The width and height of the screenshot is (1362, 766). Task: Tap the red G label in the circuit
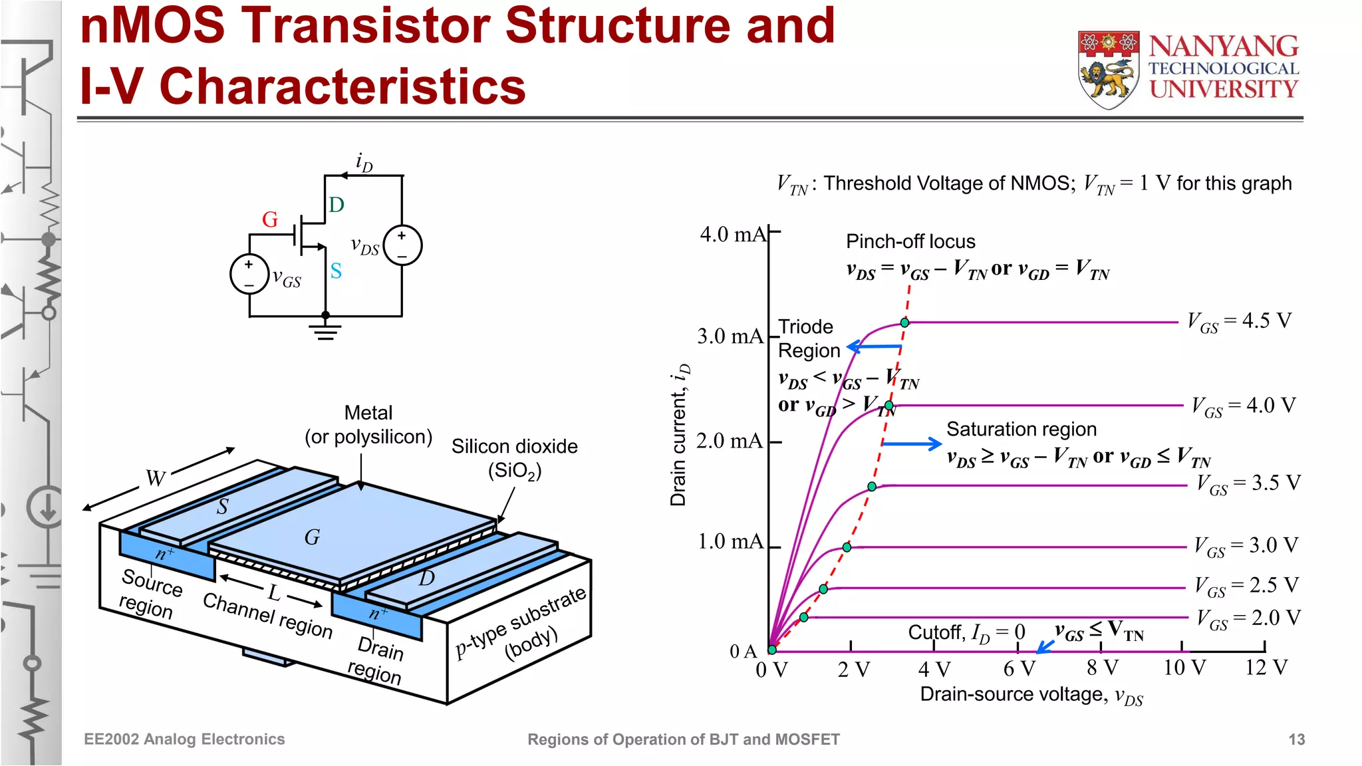click(269, 219)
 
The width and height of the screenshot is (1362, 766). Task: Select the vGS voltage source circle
click(249, 274)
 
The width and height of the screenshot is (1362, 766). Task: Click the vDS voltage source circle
click(402, 245)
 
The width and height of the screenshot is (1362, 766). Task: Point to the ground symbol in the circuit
click(325, 330)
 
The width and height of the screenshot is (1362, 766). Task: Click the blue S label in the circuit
click(336, 271)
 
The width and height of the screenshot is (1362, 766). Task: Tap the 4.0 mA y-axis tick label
click(732, 234)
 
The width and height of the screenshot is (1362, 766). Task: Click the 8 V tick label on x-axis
click(1102, 668)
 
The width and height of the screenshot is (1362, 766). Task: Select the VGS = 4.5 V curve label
click(1239, 322)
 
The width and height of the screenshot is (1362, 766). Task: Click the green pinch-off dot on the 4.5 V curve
click(904, 322)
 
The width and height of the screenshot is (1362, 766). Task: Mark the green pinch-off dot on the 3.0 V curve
click(847, 547)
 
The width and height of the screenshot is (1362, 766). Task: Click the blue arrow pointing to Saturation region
click(912, 444)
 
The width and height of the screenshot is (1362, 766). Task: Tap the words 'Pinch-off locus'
click(910, 241)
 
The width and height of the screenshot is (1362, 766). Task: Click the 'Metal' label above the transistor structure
click(368, 413)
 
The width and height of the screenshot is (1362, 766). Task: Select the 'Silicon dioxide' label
click(514, 446)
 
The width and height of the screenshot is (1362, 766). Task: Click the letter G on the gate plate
click(312, 537)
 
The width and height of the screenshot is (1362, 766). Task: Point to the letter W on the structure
click(156, 478)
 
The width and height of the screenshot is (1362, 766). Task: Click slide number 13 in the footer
click(1296, 739)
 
